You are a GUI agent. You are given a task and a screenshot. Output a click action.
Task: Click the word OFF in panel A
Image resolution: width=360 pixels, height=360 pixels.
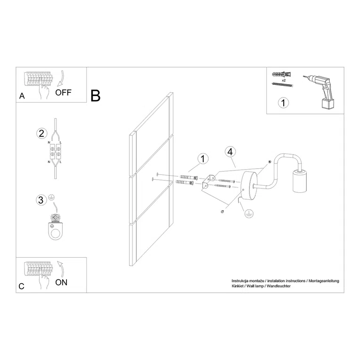coord(64,92)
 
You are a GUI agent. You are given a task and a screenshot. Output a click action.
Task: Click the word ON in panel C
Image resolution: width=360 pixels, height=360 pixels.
coord(61,283)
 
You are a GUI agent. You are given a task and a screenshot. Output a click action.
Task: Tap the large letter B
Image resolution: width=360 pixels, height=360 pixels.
coord(96,96)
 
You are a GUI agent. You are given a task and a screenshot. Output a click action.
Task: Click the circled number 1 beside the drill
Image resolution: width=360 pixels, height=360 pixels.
coord(282,102)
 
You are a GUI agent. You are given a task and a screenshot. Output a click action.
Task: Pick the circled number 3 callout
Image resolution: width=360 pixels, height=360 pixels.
coord(41,200)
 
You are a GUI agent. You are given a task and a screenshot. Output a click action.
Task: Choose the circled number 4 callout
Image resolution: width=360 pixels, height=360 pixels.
coord(229,152)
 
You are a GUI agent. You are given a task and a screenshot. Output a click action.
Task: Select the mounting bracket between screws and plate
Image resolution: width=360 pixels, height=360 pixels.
coord(208,182)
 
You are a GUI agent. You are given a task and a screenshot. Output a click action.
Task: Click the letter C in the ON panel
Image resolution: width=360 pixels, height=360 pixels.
coord(22,286)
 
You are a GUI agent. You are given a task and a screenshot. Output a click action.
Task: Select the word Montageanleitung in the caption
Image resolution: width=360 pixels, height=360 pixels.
coord(323,281)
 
